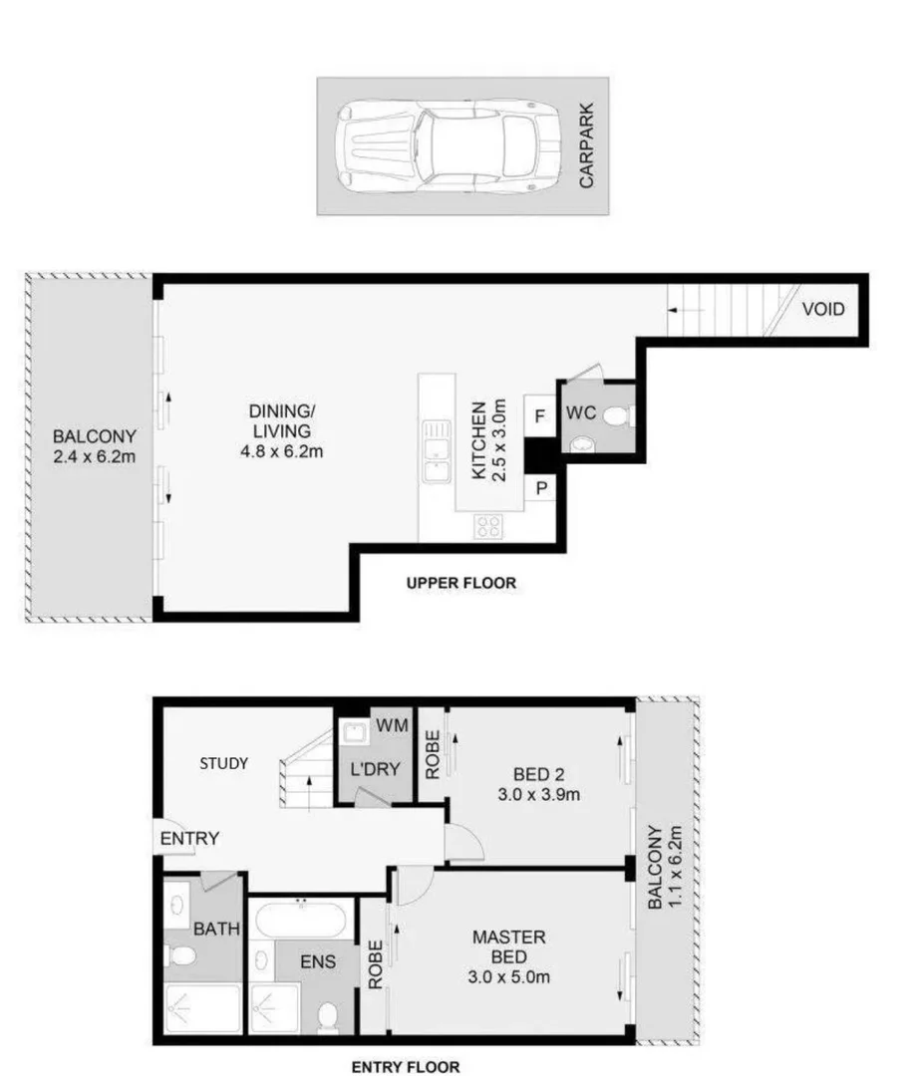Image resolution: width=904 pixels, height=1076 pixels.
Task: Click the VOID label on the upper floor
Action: point(823,309)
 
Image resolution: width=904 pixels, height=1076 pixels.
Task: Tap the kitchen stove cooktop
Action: point(489,527)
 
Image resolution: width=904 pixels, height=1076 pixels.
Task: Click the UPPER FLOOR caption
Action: point(460,583)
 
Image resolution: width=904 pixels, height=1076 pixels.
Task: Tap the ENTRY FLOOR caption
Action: point(405,1067)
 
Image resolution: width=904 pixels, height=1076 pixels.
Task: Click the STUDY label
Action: point(223,763)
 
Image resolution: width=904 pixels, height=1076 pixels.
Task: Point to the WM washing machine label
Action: point(391,726)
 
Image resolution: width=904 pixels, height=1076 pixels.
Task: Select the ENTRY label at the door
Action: point(189,838)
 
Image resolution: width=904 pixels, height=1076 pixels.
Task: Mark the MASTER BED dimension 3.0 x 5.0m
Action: point(509,975)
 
